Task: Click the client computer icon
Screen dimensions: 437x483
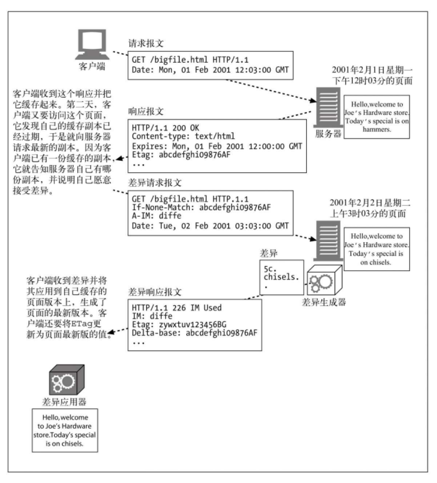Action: [92, 45]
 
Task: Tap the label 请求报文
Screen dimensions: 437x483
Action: [146, 43]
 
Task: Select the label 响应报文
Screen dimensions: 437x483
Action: [146, 111]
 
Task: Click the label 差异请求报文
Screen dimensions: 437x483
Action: [155, 182]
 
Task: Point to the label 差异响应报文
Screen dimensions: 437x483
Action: [155, 291]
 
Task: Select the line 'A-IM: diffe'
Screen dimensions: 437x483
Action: [157, 216]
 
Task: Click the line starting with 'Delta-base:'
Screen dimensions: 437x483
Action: [195, 333]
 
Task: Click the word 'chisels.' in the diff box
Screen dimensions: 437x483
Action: [281, 277]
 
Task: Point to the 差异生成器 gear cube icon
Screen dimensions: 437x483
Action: [324, 279]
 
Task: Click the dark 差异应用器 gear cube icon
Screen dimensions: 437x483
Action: [67, 379]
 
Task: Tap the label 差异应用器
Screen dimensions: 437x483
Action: [64, 402]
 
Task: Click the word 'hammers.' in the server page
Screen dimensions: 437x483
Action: [377, 129]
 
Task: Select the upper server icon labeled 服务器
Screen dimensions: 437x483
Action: [329, 108]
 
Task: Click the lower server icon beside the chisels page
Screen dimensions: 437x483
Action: [328, 241]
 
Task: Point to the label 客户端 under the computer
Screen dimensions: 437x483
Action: [92, 66]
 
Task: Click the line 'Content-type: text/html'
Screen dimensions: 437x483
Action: [183, 136]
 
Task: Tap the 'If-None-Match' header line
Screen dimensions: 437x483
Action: [201, 207]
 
